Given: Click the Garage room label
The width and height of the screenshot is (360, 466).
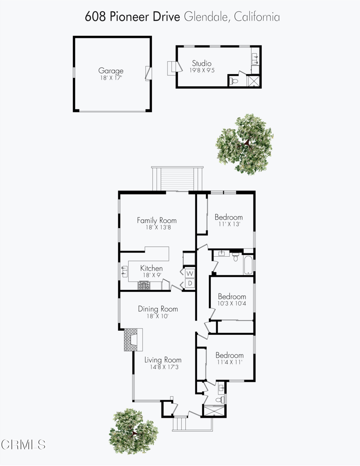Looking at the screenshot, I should [111, 71].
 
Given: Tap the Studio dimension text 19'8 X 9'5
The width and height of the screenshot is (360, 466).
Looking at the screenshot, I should [202, 71].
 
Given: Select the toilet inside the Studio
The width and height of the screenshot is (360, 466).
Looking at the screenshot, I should [233, 81].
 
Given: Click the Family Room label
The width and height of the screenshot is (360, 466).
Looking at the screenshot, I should [157, 220].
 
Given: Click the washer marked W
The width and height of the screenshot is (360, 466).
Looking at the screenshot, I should [190, 273].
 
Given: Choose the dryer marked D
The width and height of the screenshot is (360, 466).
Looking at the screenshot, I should [190, 284].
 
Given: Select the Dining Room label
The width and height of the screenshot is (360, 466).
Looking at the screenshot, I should [157, 309].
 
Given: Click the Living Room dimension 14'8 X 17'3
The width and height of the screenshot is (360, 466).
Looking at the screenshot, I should [161, 366].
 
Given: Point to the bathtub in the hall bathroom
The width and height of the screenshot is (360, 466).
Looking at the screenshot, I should [248, 266].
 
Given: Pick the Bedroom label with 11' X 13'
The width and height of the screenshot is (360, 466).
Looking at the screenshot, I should [228, 217].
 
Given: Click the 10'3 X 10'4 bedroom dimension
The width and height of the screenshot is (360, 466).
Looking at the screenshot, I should [231, 304].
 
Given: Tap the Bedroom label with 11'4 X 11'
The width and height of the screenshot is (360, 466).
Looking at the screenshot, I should [229, 355].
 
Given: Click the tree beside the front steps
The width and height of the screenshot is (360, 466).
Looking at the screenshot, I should [133, 431].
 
